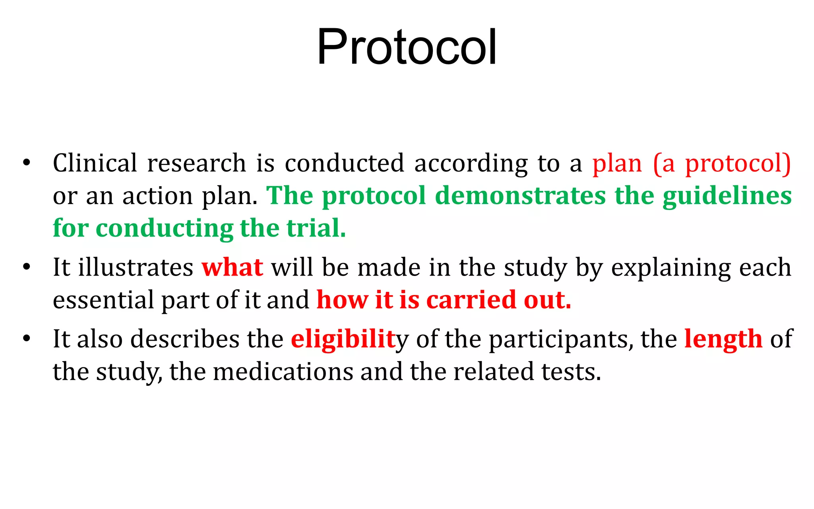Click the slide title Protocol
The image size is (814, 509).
pos(407,47)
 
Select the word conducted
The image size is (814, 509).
pos(344,163)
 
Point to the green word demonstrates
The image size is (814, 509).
pos(520,196)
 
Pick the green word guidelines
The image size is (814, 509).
pos(727,196)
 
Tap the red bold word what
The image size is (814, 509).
pos(232,267)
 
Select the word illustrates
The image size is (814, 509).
pos(136,267)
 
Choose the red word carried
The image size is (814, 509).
pos(471,300)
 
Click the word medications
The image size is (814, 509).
pos(283,372)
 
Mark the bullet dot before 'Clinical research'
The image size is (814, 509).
pos(27,163)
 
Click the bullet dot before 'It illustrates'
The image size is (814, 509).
pos(27,267)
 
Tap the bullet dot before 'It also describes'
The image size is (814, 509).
pos(27,339)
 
